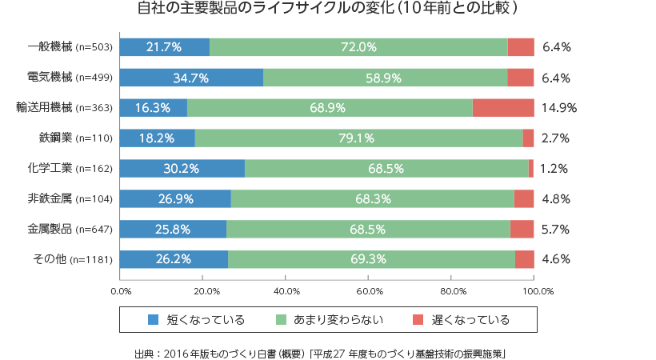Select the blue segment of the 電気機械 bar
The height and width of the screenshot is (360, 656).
pos(192,78)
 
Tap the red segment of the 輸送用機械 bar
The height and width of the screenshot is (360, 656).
pos(503,107)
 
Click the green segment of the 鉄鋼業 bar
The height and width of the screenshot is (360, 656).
pos(358,138)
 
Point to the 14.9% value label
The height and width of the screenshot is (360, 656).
pos(558,107)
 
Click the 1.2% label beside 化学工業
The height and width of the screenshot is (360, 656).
pos(554,168)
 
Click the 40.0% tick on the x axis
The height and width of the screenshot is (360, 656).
pos(286,291)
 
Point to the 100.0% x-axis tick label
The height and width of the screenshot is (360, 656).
pos(534,291)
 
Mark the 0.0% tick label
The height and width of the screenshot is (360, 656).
pos(121,291)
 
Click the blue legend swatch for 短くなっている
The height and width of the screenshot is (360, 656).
pos(154,320)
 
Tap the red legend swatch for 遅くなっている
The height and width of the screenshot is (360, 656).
pos(418,320)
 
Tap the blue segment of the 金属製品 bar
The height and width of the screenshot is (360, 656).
pos(174,229)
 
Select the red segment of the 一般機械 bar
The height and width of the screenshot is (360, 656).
pos(521,47)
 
